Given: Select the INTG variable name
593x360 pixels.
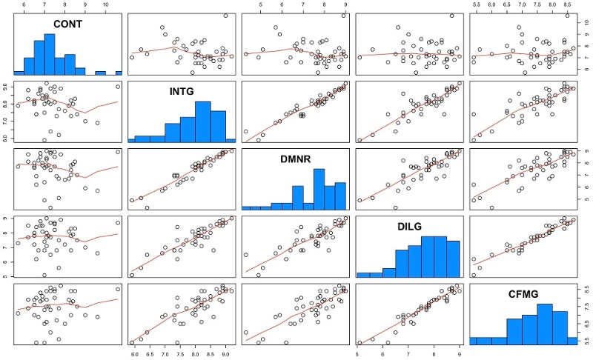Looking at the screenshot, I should click(182, 91).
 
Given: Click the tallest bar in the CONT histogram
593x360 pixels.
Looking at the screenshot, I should click(50, 54).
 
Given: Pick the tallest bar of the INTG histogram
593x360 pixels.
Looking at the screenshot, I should click(203, 121).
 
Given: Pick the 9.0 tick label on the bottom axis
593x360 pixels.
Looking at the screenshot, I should click(225, 355).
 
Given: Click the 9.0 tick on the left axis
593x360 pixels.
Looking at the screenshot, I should click(6, 87).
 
